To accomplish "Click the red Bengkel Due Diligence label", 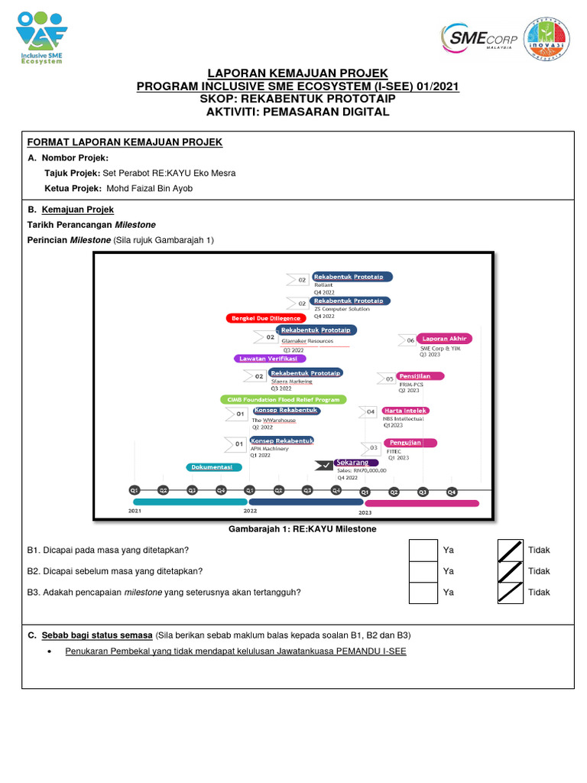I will (x=266, y=317).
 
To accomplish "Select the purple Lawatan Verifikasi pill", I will (x=270, y=358).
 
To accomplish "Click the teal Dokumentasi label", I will (x=214, y=466).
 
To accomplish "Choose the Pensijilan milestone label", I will (x=420, y=376).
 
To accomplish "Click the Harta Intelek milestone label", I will (x=405, y=411).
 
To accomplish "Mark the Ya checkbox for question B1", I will (x=423, y=550).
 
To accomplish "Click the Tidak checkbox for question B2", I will (x=511, y=571).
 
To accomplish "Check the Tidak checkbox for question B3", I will (x=511, y=593).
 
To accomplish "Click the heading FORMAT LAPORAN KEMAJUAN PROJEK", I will (x=125, y=142).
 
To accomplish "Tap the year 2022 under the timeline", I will (x=250, y=510).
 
